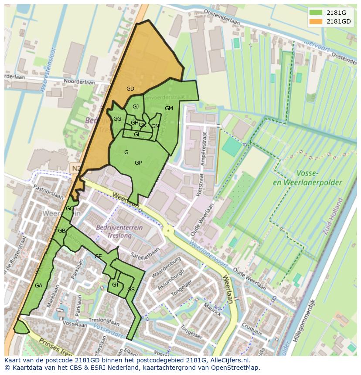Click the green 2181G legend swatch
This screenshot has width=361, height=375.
(316, 13)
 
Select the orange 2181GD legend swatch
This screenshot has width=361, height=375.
(316, 21)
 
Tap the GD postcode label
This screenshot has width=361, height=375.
(130, 89)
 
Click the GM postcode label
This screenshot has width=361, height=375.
(169, 108)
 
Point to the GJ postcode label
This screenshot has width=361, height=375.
(136, 107)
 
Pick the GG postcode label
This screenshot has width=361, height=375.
(117, 119)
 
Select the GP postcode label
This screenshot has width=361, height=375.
(138, 163)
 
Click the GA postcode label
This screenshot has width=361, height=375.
(39, 286)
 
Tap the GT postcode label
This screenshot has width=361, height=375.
(116, 285)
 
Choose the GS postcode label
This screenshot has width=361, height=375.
(131, 290)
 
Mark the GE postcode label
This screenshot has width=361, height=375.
(98, 257)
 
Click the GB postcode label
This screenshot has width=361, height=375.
(61, 230)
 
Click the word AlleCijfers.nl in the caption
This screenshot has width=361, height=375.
(228, 360)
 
